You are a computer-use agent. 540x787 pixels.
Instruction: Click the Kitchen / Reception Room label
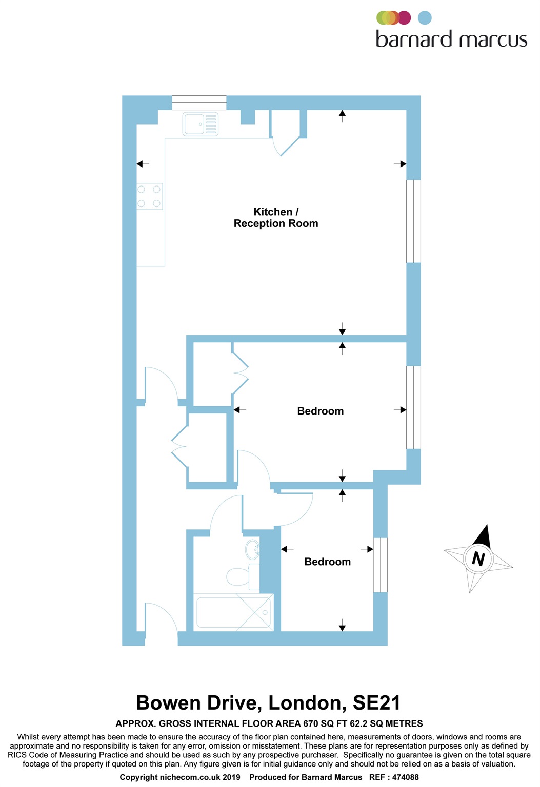(x=276, y=218)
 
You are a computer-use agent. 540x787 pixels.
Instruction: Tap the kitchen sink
(x=201, y=125)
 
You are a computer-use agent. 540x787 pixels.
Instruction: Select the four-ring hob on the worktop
(x=149, y=196)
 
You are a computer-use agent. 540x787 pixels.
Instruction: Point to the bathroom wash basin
(x=253, y=550)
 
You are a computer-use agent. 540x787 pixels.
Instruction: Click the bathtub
(x=233, y=612)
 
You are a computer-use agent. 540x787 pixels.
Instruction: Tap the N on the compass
(x=478, y=558)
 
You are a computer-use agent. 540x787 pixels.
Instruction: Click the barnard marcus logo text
(x=451, y=39)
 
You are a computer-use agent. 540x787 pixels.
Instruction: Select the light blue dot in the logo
(x=425, y=18)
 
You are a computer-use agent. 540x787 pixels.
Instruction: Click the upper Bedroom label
(x=321, y=411)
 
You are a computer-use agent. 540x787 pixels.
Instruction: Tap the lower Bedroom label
(x=328, y=562)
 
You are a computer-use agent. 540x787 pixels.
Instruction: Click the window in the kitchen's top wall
(x=199, y=102)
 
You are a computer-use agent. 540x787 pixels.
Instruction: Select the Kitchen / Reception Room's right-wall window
(x=413, y=221)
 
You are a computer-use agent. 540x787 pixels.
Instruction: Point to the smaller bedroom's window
(x=380, y=565)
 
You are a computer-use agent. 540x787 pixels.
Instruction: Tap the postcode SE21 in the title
(x=376, y=703)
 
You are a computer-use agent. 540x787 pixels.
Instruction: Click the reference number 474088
(x=405, y=777)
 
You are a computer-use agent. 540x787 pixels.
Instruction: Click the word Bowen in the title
(x=168, y=703)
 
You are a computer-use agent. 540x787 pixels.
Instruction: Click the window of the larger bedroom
(x=413, y=407)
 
